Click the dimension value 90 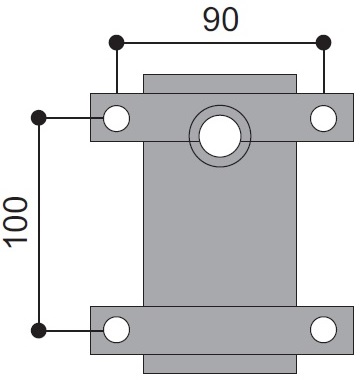click(x=221, y=20)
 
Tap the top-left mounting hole click(x=116, y=118)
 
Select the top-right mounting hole click(x=323, y=118)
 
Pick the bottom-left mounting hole click(x=116, y=330)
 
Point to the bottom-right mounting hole click(x=323, y=330)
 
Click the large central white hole click(x=220, y=136)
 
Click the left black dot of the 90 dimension click(x=117, y=42)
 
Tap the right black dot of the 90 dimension click(x=323, y=42)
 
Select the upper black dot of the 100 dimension click(x=39, y=118)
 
